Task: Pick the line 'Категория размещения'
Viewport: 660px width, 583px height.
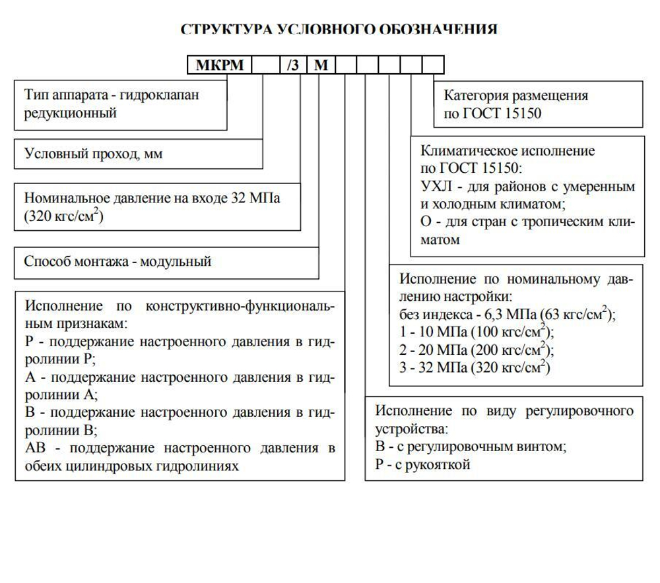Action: coord(515,96)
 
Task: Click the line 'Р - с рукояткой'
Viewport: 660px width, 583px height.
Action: coord(422,466)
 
